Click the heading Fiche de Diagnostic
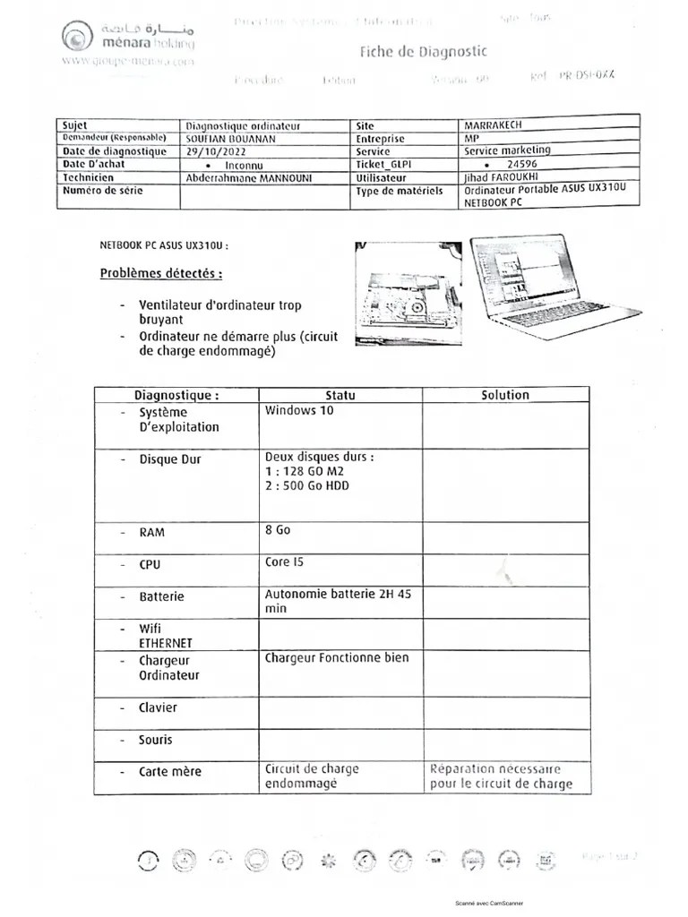click(x=423, y=52)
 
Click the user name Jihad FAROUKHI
click(x=502, y=177)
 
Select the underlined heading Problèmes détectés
click(x=161, y=273)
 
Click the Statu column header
click(x=340, y=395)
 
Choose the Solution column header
click(x=504, y=395)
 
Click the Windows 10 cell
click(x=299, y=411)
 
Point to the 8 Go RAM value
click(x=278, y=530)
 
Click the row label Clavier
click(x=158, y=707)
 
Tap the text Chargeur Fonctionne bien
click(x=337, y=658)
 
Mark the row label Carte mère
click(x=169, y=771)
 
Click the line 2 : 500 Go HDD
click(x=307, y=486)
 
